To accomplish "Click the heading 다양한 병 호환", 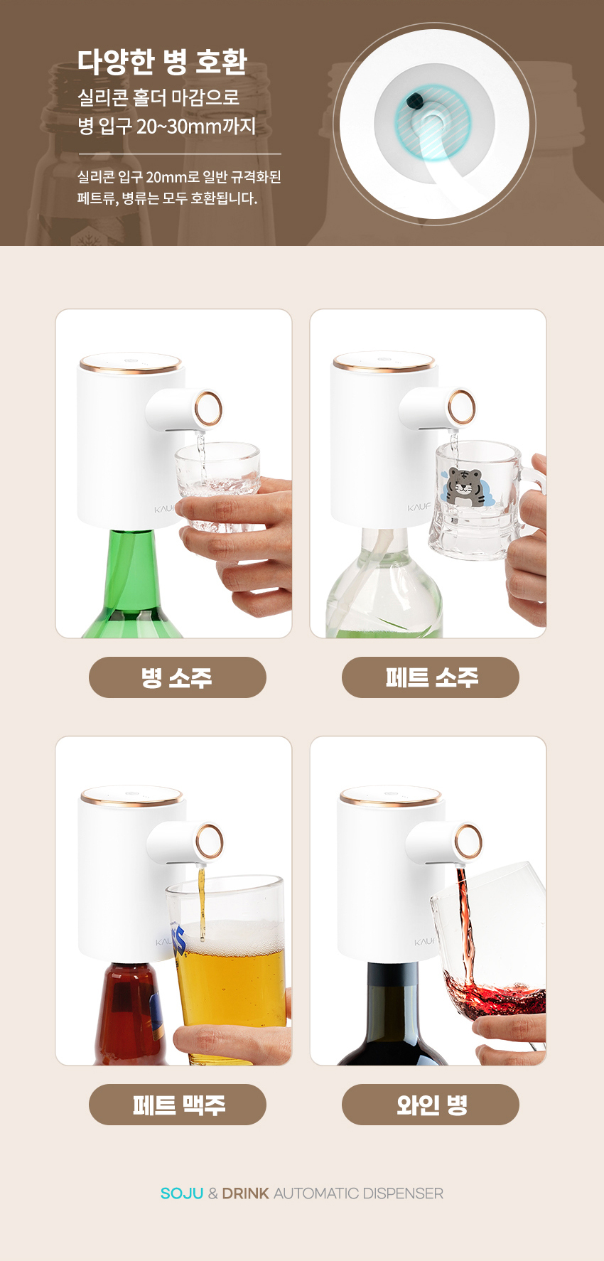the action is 162,62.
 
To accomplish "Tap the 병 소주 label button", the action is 177,677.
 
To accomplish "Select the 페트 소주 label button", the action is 431,677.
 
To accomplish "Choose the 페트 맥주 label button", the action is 177,1105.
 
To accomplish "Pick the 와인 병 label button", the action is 431,1105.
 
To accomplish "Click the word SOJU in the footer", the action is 182,1193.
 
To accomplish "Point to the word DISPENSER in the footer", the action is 403,1193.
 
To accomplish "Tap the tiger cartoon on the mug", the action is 464,487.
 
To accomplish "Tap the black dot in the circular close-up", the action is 415,100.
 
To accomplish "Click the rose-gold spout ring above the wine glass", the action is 468,842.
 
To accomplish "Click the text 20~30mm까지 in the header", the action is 196,127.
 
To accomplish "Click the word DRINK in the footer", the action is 245,1193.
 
